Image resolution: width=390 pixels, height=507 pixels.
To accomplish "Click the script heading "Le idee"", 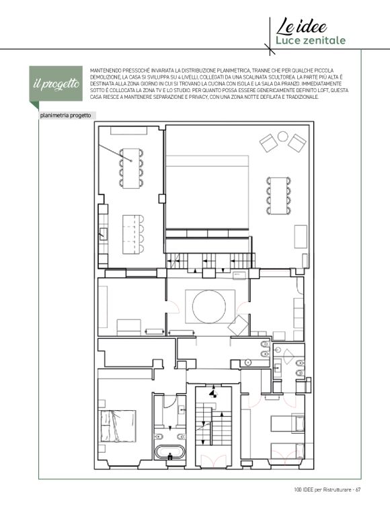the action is tap(301, 26).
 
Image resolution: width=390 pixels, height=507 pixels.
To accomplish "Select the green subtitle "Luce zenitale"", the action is tap(311, 40).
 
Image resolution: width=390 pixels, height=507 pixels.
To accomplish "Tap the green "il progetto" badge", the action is tap(56, 84).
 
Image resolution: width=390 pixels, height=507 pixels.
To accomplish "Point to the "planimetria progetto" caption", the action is tap(65, 115).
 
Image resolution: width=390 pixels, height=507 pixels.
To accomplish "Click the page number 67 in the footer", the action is tap(358, 490).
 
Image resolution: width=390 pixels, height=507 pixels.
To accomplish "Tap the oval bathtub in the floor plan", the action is tap(170, 453).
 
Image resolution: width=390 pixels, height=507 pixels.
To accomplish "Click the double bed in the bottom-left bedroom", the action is tap(118, 426).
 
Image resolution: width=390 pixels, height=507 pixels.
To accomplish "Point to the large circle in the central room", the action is tap(209, 306).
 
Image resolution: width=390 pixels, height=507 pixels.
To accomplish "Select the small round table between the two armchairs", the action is tap(282, 136).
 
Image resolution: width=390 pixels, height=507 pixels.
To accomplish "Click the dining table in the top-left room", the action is tap(131, 168).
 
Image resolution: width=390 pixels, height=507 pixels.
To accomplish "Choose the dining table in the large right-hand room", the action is tap(279, 195).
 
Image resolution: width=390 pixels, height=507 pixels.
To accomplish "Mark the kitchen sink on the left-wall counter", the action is tap(104, 233).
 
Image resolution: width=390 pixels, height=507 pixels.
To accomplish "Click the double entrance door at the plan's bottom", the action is tap(214, 461).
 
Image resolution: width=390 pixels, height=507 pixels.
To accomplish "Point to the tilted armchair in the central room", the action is tap(237, 325).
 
